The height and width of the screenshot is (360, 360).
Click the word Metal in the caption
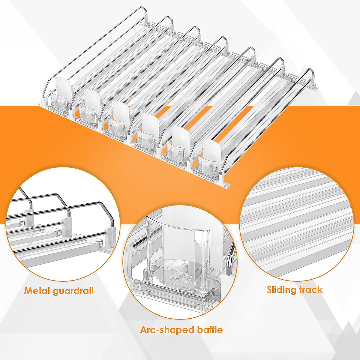(x=37, y=291)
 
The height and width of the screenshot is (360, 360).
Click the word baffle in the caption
(x=210, y=330)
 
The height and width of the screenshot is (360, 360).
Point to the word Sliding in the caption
(x=281, y=290)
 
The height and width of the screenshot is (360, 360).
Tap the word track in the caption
(x=311, y=290)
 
